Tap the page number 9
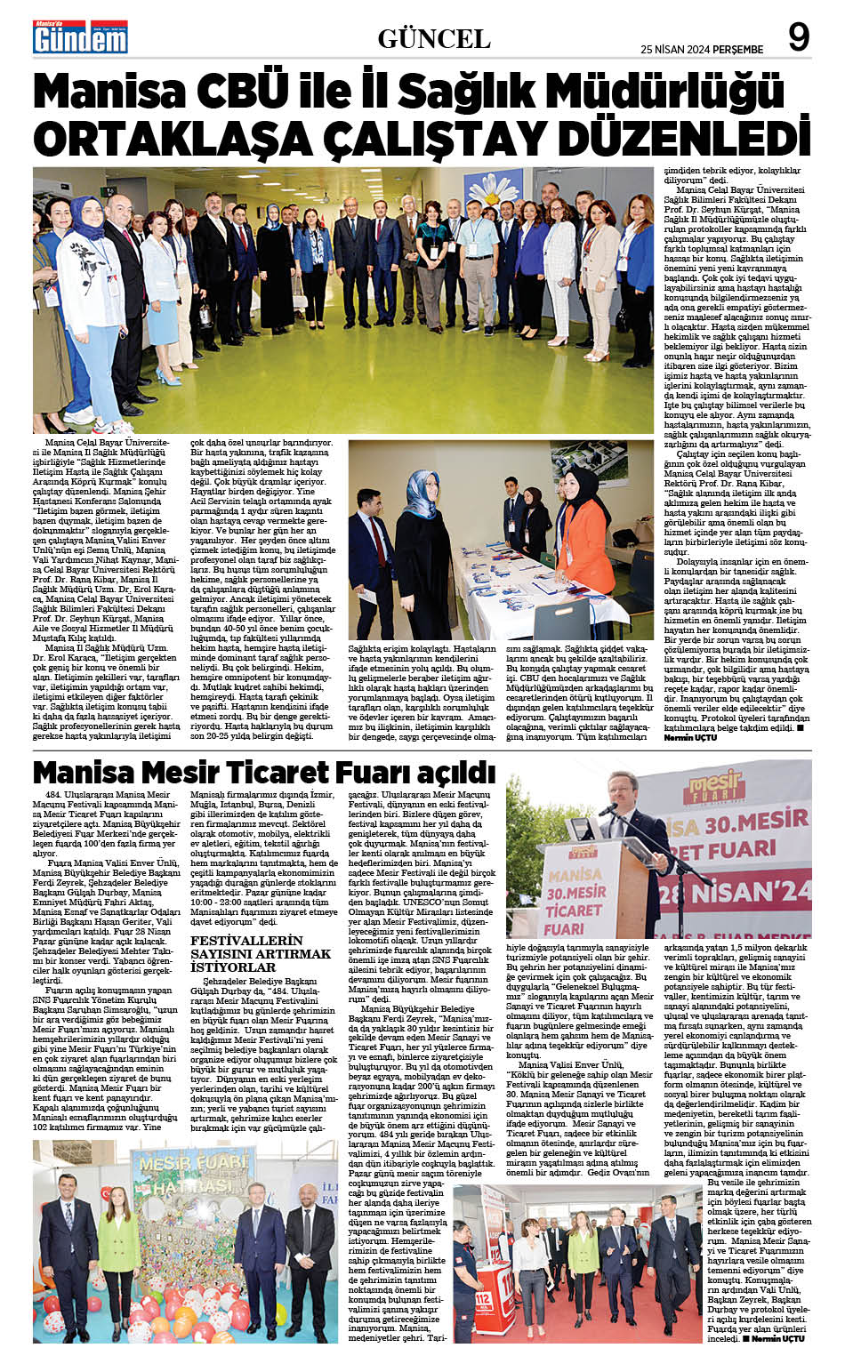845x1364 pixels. (799, 38)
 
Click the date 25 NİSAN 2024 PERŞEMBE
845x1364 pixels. (702, 49)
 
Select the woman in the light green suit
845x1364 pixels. (118, 1236)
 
